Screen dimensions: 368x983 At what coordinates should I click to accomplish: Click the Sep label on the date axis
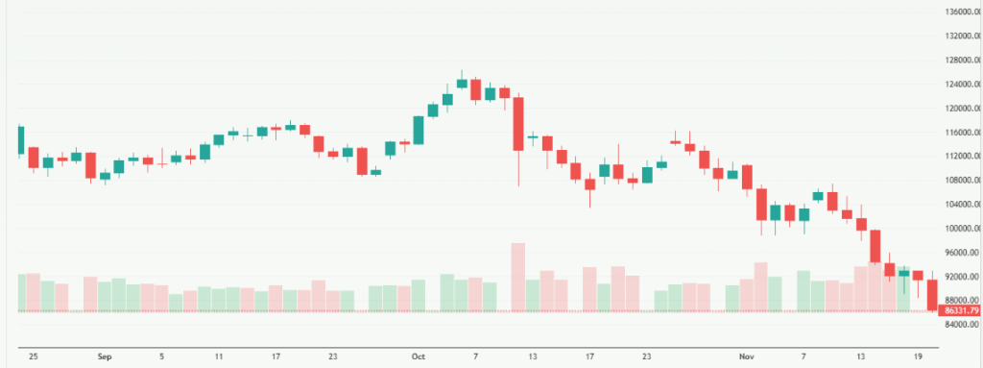105,356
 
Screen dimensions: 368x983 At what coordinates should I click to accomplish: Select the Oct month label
419,356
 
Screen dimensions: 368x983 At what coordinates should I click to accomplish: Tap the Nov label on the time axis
746,356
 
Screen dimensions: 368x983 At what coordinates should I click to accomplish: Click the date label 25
33,356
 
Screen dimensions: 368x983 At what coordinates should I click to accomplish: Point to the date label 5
161,356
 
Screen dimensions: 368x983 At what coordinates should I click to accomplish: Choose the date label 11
219,356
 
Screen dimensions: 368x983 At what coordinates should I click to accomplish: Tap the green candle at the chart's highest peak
462,83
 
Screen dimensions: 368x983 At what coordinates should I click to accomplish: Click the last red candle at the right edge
932,294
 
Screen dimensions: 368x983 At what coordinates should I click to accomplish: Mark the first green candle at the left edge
20,140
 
